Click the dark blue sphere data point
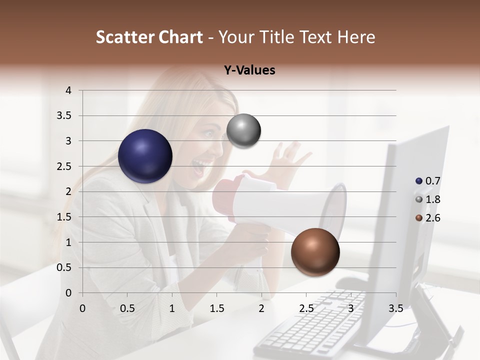pos(145,156)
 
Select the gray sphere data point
pos(243,131)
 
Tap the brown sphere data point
pos(315,252)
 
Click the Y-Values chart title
pos(249,70)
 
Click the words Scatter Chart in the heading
pos(149,37)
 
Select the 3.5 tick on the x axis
pos(395,308)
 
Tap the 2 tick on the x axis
pos(261,308)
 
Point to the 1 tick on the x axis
pos(172,308)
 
